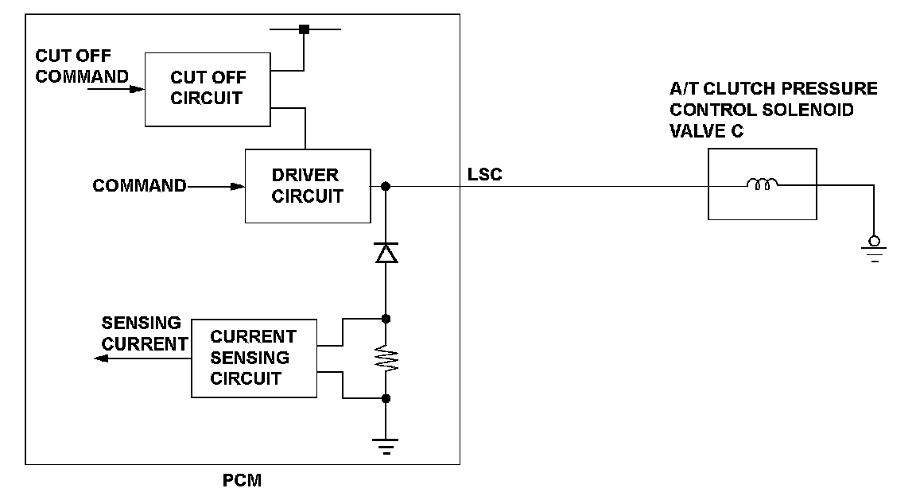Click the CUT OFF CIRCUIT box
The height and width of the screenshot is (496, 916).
[x=208, y=88]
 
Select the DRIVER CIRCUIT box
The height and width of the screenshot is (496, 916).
[x=307, y=185]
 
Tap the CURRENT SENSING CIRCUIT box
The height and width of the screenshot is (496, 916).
[x=253, y=358]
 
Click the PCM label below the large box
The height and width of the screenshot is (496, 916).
[x=243, y=481]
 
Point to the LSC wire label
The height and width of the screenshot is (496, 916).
[x=485, y=174]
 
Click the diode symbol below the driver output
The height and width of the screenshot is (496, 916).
[x=386, y=253]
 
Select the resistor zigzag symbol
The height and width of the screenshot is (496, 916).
[x=386, y=358]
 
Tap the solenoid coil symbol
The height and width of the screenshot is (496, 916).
[x=762, y=185]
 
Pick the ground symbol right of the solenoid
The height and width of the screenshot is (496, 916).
[x=874, y=250]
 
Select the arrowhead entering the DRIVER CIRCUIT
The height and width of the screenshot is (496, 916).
[x=238, y=187]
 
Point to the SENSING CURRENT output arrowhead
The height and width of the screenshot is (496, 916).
[x=99, y=358]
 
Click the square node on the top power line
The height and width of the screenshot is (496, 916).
[x=303, y=30]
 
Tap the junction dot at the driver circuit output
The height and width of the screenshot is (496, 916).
[x=386, y=187]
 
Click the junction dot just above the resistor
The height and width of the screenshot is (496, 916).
[x=386, y=319]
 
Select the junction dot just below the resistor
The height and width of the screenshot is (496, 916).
[x=386, y=398]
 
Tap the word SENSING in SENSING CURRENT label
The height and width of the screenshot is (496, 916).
[x=142, y=324]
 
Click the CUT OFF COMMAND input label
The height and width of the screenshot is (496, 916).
[x=82, y=66]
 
